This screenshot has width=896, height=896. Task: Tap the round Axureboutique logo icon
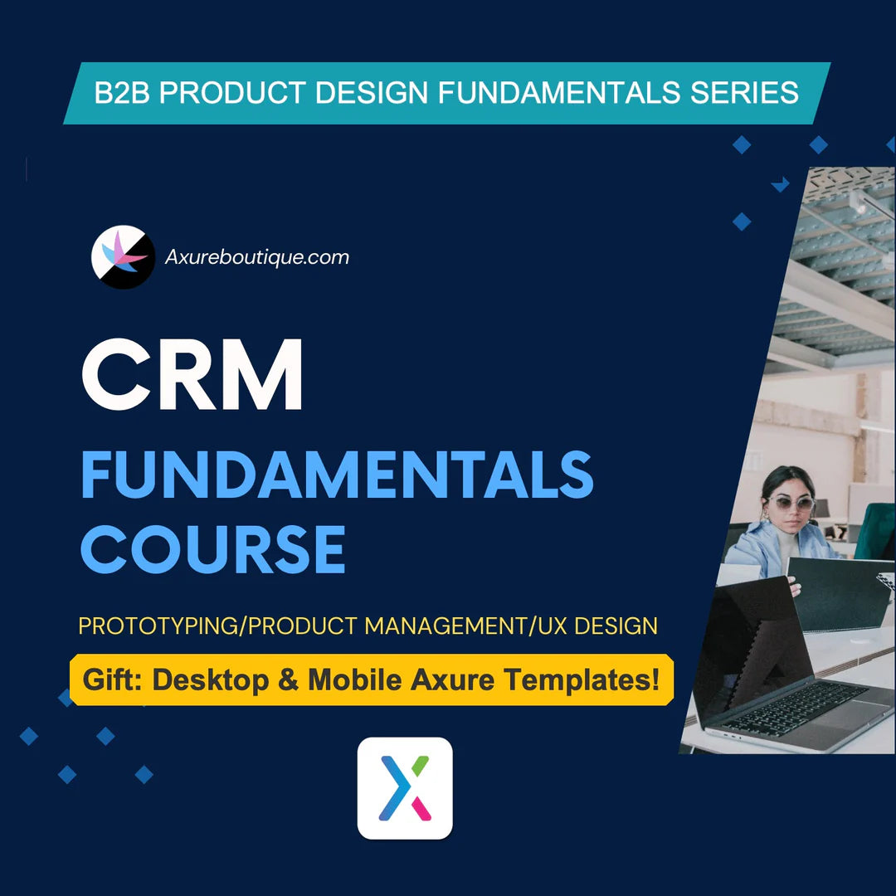pyautogui.click(x=123, y=257)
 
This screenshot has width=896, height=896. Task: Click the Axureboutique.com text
pyautogui.click(x=257, y=257)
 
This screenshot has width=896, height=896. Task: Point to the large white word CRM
pyautogui.click(x=192, y=375)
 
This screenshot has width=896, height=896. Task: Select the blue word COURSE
pyautogui.click(x=213, y=548)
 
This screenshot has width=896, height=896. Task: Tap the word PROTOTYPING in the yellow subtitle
pyautogui.click(x=158, y=626)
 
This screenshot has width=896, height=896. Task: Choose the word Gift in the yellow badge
pyautogui.click(x=111, y=680)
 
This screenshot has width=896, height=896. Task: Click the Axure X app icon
pyautogui.click(x=405, y=788)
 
